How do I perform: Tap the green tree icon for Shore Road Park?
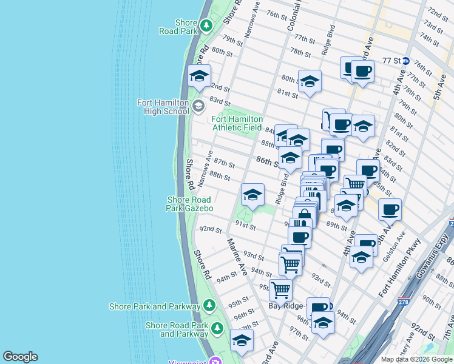point(206,26)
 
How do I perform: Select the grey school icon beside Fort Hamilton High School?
point(198,107)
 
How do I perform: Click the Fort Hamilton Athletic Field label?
point(237,124)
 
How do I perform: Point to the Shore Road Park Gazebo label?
point(190,204)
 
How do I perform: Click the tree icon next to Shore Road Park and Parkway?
point(217,329)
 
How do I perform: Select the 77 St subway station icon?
point(405,61)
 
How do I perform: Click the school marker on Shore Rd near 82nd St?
point(198,76)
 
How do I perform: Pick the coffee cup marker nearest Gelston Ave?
point(390,209)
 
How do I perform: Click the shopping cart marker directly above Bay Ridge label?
point(280,289)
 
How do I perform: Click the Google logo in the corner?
point(19,357)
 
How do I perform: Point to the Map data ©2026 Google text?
point(416,359)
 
